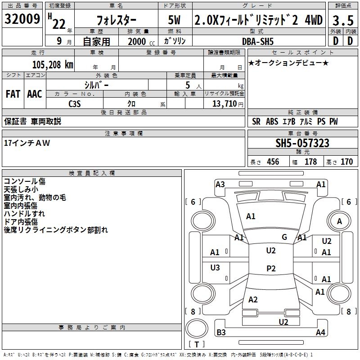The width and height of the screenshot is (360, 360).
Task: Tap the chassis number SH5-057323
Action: point(302,144)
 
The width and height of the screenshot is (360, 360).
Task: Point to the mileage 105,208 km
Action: point(53,64)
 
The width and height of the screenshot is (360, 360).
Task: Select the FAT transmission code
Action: point(13,94)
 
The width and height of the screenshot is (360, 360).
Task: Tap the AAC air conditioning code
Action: point(34,94)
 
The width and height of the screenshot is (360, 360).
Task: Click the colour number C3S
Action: point(74,104)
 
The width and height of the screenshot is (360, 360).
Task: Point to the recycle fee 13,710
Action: point(225,104)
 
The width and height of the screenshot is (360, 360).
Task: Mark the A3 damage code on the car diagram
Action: point(220,184)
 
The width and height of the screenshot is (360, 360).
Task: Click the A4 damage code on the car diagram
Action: point(320,333)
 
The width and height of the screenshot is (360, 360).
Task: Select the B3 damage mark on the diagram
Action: point(221,333)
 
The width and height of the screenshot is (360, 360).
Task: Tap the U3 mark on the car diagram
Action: point(215,268)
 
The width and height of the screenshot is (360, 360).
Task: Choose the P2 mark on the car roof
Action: point(270,268)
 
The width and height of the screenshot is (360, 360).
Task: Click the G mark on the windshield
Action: point(284,237)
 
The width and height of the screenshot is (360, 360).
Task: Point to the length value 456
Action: point(273,162)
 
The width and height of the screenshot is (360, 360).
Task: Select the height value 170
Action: point(346,162)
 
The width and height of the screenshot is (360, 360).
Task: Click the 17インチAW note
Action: point(27,143)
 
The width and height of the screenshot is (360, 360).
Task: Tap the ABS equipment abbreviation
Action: point(272,121)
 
